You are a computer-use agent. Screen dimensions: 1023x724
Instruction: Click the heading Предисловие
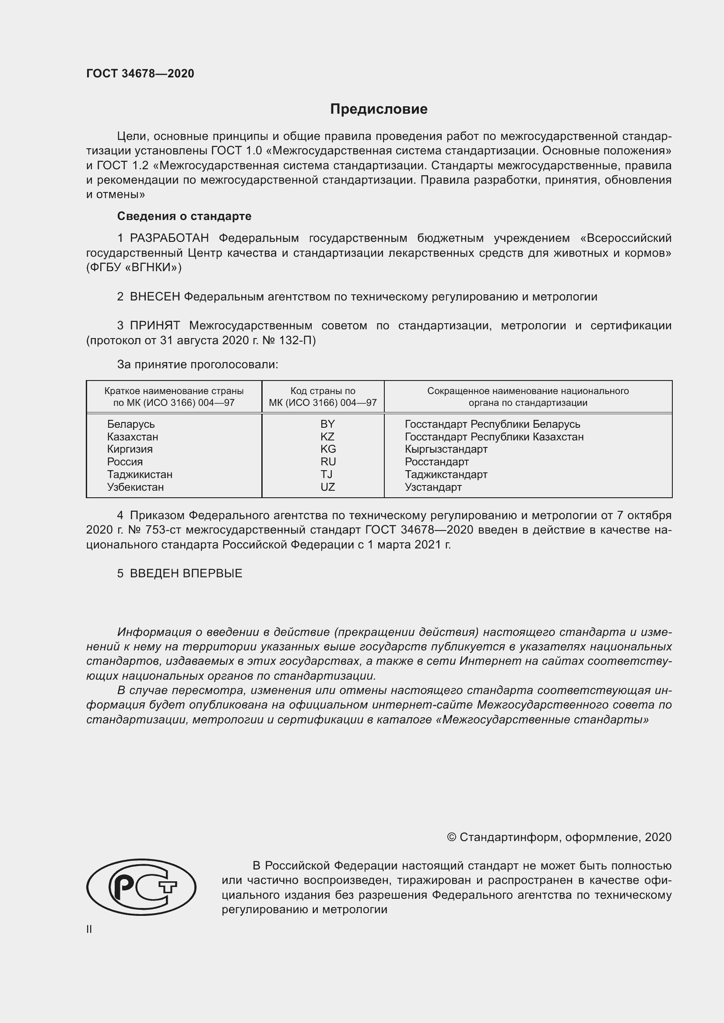379,109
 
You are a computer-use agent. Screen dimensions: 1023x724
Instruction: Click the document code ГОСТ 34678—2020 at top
140,73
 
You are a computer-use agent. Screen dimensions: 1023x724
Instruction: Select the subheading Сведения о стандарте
184,216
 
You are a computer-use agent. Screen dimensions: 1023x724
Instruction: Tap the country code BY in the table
327,424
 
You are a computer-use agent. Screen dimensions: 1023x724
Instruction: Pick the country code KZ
327,436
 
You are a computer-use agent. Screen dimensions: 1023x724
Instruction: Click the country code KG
328,449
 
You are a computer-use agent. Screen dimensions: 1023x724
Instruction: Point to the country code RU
328,461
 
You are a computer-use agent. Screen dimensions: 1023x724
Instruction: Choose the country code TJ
327,474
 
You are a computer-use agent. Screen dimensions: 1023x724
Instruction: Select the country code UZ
327,486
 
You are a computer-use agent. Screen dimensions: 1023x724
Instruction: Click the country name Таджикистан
140,474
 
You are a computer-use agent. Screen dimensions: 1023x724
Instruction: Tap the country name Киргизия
130,449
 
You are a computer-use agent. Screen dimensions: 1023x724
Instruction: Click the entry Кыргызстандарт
446,449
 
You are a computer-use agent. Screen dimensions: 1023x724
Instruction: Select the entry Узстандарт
433,486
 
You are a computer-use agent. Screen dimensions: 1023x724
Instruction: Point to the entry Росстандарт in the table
436,461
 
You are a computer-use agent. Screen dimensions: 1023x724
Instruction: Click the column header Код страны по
323,391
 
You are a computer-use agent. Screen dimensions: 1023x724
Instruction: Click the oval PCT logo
141,887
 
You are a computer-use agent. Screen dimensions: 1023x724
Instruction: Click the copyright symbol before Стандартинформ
451,837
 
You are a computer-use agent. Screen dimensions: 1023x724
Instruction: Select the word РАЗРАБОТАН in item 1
170,238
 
